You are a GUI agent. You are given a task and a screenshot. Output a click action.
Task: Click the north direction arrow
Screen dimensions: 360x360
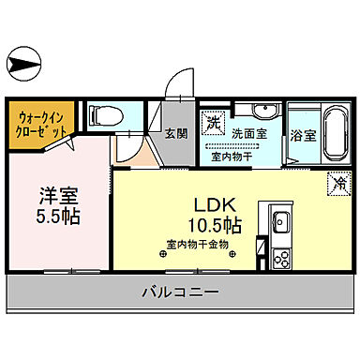point(22,65)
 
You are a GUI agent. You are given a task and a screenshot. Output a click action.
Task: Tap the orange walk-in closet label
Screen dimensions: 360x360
point(41,125)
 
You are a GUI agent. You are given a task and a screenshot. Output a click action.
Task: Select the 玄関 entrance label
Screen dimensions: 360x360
point(176,133)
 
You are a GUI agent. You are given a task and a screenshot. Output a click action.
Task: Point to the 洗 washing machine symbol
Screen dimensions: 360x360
point(215,123)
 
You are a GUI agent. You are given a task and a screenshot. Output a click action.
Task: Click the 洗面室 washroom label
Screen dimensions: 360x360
point(250,134)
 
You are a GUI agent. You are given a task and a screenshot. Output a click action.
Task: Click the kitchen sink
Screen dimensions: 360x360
point(280,224)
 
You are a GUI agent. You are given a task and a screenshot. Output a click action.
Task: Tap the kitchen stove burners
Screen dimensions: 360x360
point(279,256)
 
